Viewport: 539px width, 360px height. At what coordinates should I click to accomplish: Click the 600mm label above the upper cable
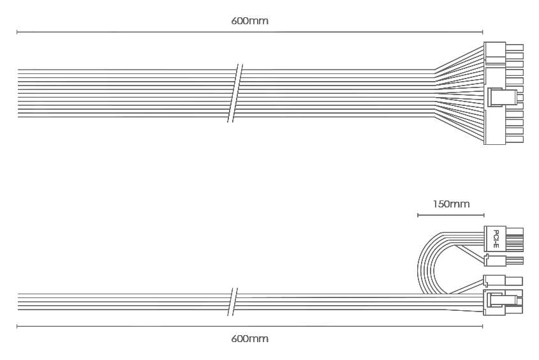tap(249, 21)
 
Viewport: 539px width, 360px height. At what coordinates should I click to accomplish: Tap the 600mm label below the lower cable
tap(249, 339)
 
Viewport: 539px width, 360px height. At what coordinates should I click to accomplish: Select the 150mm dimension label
tap(451, 204)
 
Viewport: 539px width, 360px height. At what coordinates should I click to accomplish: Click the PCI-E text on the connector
tap(496, 239)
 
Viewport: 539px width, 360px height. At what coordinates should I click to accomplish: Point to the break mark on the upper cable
tap(235, 93)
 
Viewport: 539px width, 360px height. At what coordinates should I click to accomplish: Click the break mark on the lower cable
tap(233, 301)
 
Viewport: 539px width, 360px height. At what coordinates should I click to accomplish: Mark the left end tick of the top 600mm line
tap(17, 33)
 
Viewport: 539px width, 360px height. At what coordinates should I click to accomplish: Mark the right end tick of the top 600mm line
tap(483, 33)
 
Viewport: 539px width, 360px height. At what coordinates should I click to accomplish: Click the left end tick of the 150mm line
tap(418, 215)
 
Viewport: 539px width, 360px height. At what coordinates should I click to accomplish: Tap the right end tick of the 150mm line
tap(484, 215)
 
